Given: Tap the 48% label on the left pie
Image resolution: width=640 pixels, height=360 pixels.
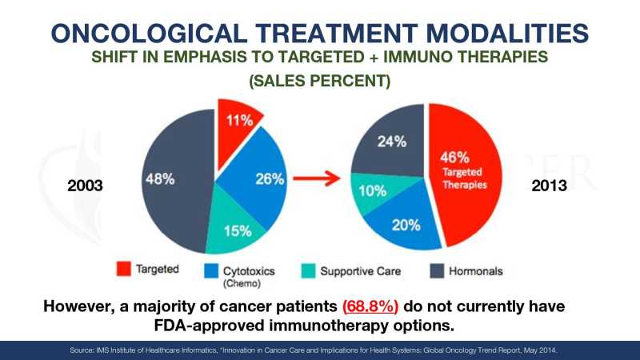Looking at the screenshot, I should (159, 178).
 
